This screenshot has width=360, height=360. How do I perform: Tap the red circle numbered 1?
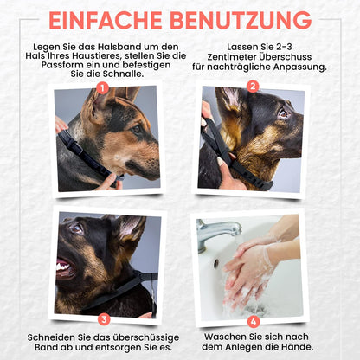coord(103,87)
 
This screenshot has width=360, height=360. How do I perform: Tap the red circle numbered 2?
coord(253,86)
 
